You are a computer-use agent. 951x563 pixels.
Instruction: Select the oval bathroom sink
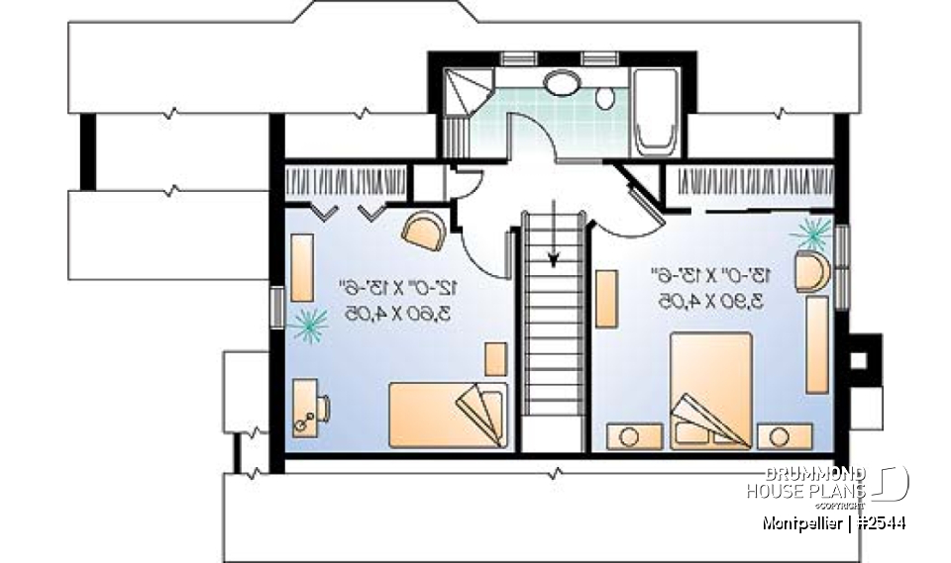[x=564, y=82]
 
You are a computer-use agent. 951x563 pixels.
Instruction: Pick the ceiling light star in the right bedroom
[x=812, y=235]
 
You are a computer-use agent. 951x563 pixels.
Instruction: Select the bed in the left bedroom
[x=448, y=414]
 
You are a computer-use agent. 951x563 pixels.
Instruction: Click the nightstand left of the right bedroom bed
[x=626, y=435]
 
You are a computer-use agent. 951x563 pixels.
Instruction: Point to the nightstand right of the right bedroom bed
[x=785, y=435]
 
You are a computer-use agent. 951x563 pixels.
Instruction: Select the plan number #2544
[x=878, y=522]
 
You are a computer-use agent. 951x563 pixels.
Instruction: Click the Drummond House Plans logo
[x=828, y=484]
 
